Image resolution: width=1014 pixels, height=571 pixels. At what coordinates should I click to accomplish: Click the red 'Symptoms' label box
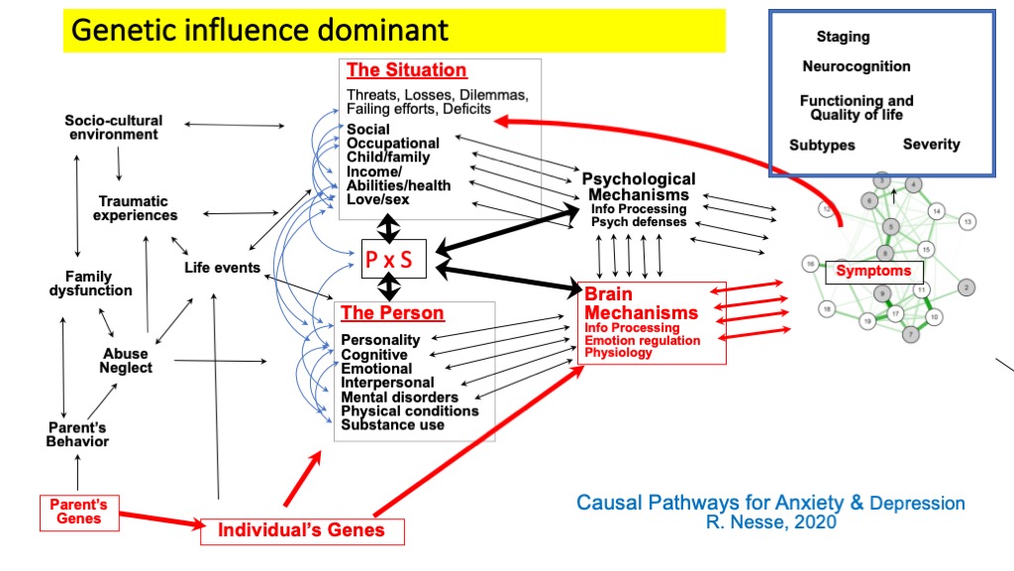click(873, 271)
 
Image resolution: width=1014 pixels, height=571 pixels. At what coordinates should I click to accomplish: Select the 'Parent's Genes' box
click(78, 512)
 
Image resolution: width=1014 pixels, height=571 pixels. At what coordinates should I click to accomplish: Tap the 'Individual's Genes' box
click(300, 530)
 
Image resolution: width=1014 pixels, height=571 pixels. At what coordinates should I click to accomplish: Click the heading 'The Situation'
click(406, 70)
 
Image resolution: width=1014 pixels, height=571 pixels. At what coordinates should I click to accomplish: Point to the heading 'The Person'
click(392, 313)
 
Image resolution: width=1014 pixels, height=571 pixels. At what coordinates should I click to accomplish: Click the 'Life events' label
click(223, 268)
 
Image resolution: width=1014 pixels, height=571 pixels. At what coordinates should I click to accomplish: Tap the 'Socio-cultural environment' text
click(114, 128)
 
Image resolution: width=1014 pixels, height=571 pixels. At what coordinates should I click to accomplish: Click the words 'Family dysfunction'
click(90, 284)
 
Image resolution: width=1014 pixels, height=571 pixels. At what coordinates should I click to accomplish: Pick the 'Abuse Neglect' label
click(126, 361)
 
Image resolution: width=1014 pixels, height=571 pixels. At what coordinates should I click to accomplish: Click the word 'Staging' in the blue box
click(843, 37)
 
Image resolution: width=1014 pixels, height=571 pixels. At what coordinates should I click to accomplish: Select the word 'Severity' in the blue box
click(931, 145)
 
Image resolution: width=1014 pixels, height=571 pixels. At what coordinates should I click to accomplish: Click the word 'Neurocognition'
click(856, 66)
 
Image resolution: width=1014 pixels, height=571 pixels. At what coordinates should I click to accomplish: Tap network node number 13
click(967, 221)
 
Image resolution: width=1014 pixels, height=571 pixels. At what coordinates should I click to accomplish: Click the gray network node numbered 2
click(966, 287)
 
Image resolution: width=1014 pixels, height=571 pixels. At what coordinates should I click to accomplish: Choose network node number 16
click(810, 264)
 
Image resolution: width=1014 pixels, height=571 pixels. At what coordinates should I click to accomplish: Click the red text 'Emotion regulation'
click(642, 340)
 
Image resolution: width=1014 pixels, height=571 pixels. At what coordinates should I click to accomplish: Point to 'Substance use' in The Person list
click(392, 424)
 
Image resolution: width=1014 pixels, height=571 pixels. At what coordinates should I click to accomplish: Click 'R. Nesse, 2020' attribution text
click(770, 522)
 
